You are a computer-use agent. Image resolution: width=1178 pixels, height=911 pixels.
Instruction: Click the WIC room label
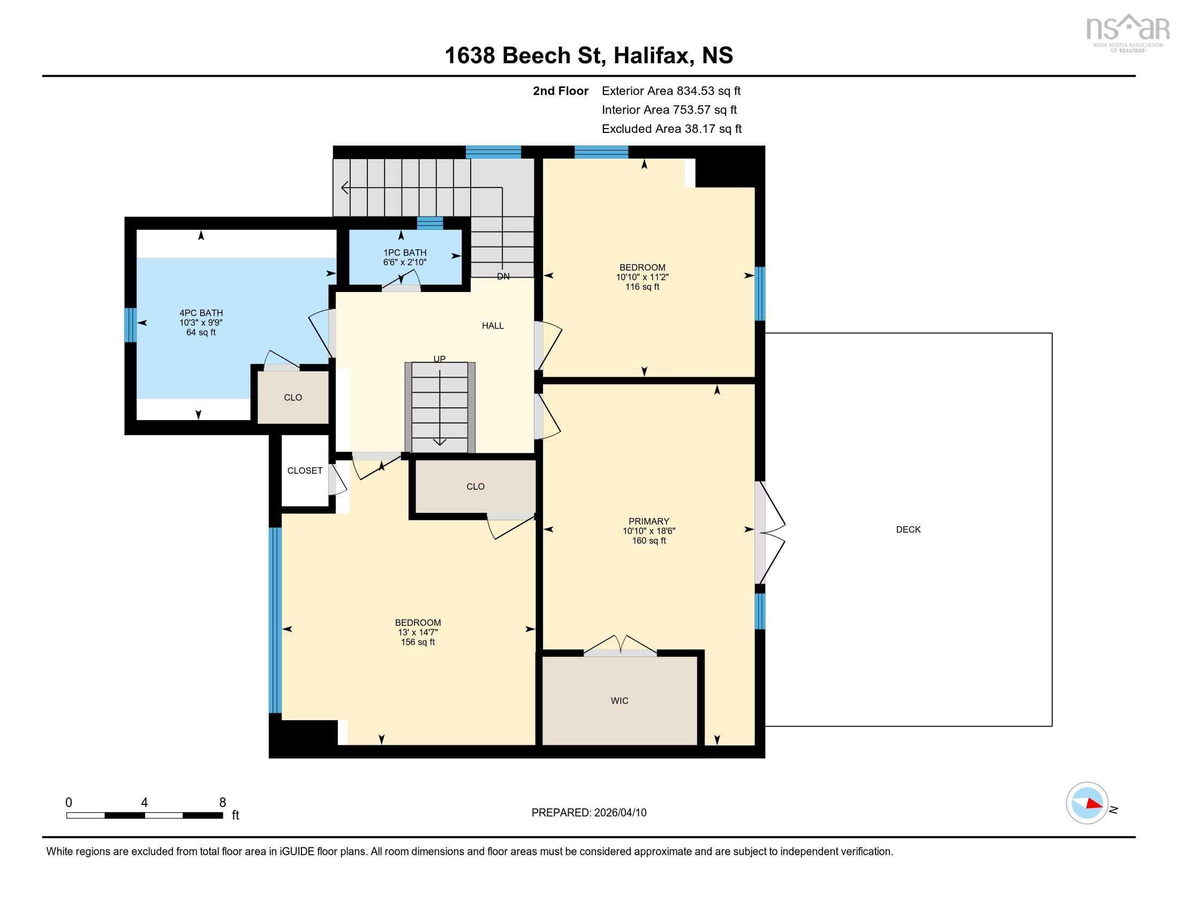[619, 700]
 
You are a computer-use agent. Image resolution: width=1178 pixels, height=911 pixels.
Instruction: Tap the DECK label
[908, 529]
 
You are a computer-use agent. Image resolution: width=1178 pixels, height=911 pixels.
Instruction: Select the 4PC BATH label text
[201, 312]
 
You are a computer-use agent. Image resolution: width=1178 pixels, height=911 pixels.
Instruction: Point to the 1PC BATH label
[405, 252]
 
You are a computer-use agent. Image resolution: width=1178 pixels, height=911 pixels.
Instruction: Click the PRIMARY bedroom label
[649, 521]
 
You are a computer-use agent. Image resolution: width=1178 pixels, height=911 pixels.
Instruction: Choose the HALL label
[493, 325]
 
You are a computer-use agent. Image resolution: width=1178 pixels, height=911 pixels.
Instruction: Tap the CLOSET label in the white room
[305, 471]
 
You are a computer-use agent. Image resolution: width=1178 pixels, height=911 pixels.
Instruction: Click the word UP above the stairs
[440, 359]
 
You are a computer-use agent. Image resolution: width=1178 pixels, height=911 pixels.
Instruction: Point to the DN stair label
[503, 277]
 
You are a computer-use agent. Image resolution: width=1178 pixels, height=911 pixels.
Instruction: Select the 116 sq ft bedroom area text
[643, 287]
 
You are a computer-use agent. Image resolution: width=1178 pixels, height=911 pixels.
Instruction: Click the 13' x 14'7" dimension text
[418, 632]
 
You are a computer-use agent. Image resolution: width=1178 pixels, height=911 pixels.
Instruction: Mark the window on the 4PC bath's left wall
[131, 325]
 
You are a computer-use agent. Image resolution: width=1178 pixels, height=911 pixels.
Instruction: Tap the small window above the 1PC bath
[430, 223]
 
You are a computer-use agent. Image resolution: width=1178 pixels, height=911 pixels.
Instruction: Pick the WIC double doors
[620, 646]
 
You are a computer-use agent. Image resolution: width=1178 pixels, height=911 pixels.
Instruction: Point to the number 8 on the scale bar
[222, 803]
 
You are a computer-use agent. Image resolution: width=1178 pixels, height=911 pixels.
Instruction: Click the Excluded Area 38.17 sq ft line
[671, 129]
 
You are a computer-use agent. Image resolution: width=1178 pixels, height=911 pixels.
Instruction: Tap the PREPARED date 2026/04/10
[619, 813]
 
